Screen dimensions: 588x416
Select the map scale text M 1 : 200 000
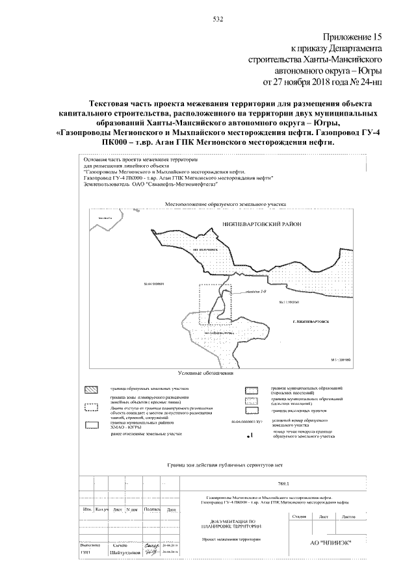pyautogui.click(x=337, y=359)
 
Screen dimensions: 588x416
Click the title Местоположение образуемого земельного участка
pyautogui.click(x=226, y=204)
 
